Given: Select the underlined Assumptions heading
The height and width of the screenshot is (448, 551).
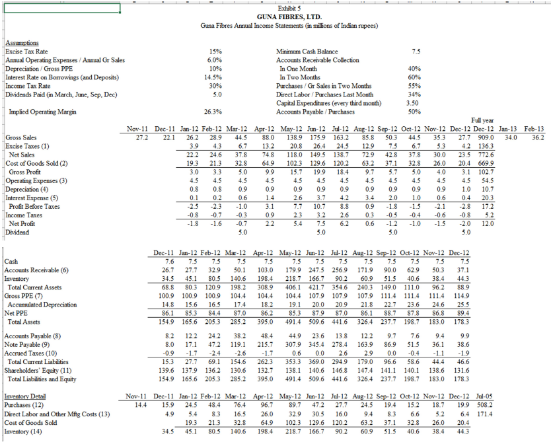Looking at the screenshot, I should point(21,43).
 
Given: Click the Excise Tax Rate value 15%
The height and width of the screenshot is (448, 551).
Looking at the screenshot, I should point(214,51).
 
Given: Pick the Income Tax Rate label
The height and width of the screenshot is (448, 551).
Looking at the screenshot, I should point(28,86).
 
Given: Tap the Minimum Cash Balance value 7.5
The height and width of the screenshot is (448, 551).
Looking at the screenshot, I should point(416,51).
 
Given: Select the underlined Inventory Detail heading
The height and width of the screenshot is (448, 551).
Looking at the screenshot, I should point(27,395).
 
